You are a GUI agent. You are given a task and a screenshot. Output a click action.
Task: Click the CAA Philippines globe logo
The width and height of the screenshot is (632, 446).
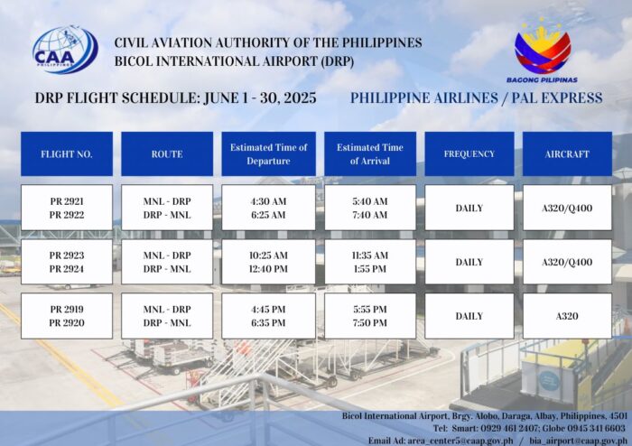pos(65,50)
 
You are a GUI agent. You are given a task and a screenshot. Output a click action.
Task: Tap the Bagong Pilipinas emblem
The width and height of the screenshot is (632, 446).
pos(542,51)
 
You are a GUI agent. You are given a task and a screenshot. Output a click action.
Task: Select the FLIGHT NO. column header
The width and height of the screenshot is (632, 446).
pos(67,153)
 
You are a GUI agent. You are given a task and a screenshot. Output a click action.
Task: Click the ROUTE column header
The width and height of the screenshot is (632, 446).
pos(167,153)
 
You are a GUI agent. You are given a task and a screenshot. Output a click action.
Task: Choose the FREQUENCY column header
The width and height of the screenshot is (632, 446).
pos(469,153)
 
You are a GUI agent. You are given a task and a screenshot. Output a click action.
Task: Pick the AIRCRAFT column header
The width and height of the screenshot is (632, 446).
pos(567,153)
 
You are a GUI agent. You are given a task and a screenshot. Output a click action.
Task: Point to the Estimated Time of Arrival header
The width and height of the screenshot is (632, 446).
pos(370,153)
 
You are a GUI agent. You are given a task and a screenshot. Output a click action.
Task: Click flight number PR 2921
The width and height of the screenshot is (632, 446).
pos(67,201)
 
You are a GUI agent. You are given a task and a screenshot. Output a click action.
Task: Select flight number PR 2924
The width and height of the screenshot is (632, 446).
pos(67,269)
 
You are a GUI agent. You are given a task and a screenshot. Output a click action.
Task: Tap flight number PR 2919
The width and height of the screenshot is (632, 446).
pos(67,309)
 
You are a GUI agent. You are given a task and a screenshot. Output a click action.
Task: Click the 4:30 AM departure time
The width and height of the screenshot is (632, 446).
pos(268,201)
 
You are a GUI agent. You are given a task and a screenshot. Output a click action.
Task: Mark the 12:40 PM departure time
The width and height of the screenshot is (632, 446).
pos(268,269)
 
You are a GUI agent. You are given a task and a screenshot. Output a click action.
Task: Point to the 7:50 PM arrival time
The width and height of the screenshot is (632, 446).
pos(370,322)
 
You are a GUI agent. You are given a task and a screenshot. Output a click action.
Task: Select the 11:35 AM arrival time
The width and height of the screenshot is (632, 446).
pos(370,255)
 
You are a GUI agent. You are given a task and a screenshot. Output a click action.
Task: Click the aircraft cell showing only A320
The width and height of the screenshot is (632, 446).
pos(567,316)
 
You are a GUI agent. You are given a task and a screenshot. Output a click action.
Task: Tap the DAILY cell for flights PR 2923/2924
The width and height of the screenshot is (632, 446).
pos(469,262)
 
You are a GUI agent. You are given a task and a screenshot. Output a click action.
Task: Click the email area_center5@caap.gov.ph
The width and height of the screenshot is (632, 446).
pos(460,441)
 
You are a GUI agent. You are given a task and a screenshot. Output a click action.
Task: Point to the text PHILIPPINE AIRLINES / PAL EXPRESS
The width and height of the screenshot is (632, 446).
pos(476,98)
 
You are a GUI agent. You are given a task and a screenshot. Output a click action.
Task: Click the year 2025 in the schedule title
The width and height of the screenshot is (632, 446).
pos(301,98)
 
